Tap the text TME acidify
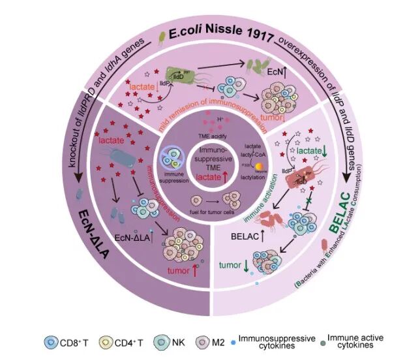(x=210, y=133)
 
